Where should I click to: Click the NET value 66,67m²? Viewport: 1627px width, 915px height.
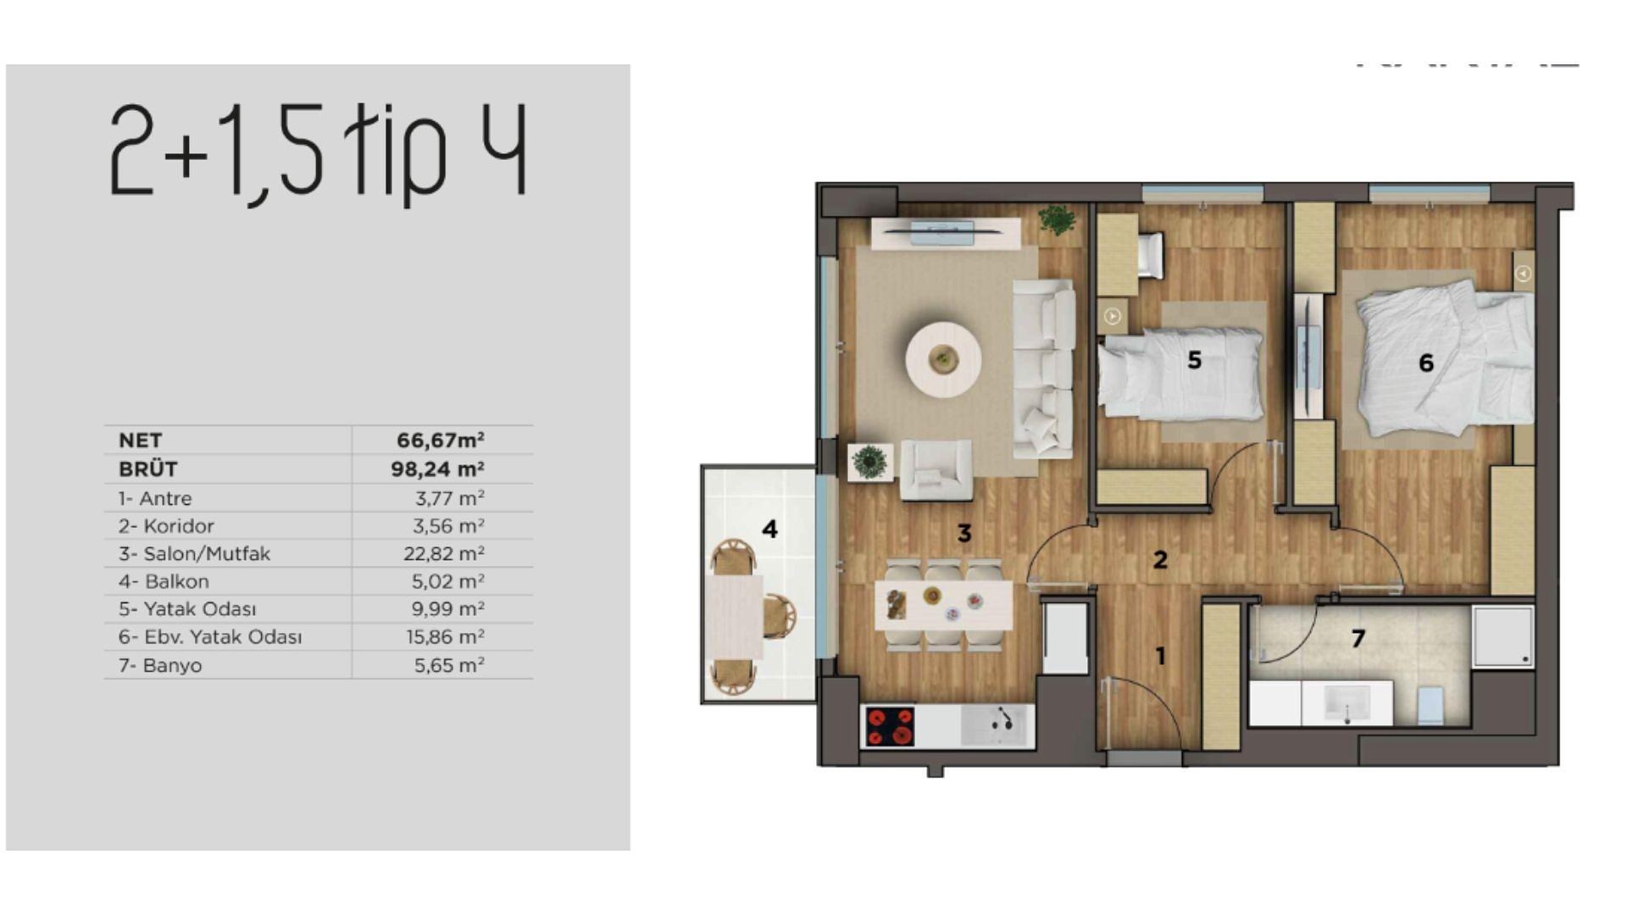point(440,441)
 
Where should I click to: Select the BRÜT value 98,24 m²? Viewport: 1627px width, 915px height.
point(437,469)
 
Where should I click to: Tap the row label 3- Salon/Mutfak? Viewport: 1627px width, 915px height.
point(194,554)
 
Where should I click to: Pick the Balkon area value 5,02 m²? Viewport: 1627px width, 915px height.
point(447,582)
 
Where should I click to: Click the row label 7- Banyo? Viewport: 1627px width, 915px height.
point(160,666)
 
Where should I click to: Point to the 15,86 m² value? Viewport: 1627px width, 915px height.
point(445,637)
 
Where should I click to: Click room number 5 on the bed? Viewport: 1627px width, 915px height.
point(1194,361)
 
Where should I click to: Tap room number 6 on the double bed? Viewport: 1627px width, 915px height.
point(1426,363)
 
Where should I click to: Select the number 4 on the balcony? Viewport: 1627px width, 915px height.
point(769,530)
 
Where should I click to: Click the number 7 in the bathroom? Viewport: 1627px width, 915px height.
point(1358,639)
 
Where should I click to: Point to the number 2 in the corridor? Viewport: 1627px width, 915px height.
point(1160,560)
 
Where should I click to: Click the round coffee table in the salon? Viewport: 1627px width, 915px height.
point(943,359)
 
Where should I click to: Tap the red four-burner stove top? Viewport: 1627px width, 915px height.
point(890,727)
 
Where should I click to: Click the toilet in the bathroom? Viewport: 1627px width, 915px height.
point(1430,705)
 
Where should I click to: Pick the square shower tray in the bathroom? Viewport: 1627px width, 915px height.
point(1502,635)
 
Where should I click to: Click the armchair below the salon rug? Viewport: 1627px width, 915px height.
point(936,470)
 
